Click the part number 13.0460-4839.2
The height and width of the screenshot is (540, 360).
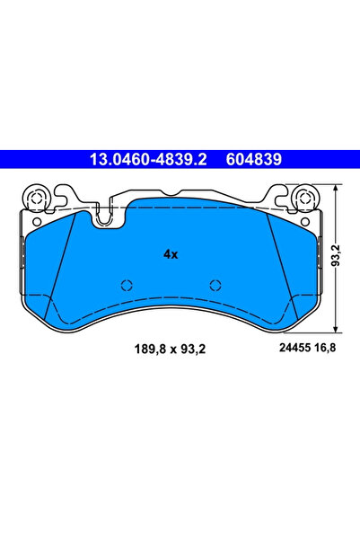(x=147, y=160)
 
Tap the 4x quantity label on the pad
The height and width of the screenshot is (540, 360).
(x=171, y=254)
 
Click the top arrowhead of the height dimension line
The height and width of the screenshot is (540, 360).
(x=334, y=189)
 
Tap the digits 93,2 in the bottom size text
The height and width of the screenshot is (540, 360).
(x=194, y=349)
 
